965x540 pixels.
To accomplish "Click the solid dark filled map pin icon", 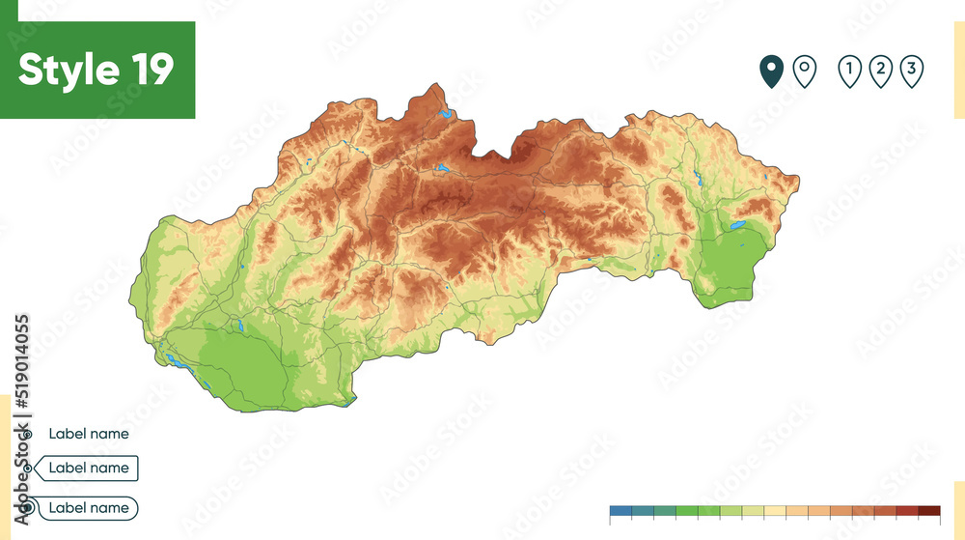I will click(771, 71).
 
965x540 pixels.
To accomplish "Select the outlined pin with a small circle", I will click(804, 71).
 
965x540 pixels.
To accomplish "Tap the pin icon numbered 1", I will click(849, 71).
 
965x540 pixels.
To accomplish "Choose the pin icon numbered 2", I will click(880, 71).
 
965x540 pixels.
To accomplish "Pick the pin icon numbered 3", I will click(911, 71).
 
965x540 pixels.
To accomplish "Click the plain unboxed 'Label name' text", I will click(88, 434).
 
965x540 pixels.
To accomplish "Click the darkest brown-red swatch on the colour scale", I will click(928, 510).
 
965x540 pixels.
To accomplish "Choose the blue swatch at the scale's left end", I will click(620, 510).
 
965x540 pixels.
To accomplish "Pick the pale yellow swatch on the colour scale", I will click(775, 510).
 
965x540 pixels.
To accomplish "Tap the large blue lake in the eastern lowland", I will click(738, 226).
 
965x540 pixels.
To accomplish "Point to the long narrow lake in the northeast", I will click(697, 178).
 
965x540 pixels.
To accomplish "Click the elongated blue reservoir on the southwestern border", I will click(177, 364).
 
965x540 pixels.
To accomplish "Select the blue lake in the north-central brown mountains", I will click(441, 168).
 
